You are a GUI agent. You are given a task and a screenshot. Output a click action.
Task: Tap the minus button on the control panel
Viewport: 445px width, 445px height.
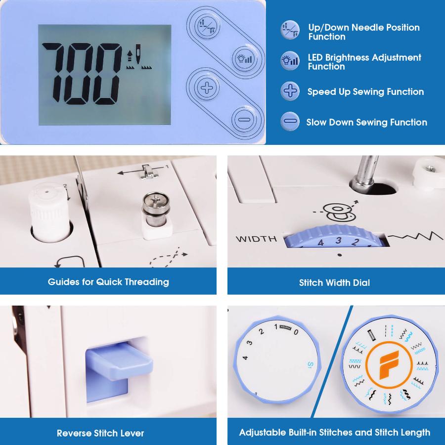pyautogui.click(x=244, y=120)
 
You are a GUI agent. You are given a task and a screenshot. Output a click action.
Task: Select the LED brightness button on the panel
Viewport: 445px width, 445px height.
pyautogui.click(x=245, y=59)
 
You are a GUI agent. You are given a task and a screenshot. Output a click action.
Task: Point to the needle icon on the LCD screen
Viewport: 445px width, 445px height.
pyautogui.click(x=138, y=54)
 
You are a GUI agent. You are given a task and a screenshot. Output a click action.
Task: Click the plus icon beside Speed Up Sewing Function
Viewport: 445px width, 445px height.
pyautogui.click(x=290, y=91)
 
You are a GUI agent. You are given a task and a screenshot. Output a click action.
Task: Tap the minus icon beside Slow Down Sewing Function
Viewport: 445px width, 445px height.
pyautogui.click(x=290, y=122)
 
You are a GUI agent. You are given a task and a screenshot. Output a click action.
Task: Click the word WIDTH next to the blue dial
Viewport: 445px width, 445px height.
pyautogui.click(x=256, y=239)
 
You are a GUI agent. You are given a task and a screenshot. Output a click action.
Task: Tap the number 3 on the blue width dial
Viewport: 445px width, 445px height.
pyautogui.click(x=338, y=241)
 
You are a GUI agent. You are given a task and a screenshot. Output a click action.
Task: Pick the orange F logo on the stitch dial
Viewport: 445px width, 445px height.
pyautogui.click(x=389, y=364)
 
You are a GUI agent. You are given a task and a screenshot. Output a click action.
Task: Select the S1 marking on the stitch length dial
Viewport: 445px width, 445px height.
pyautogui.click(x=310, y=364)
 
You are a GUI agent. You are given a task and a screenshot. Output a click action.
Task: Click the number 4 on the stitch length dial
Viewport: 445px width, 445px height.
pyautogui.click(x=245, y=357)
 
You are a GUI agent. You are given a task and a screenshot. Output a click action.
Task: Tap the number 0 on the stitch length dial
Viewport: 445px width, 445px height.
pyautogui.click(x=296, y=332)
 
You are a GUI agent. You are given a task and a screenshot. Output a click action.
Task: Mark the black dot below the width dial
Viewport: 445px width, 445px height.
pyautogui.click(x=339, y=255)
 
